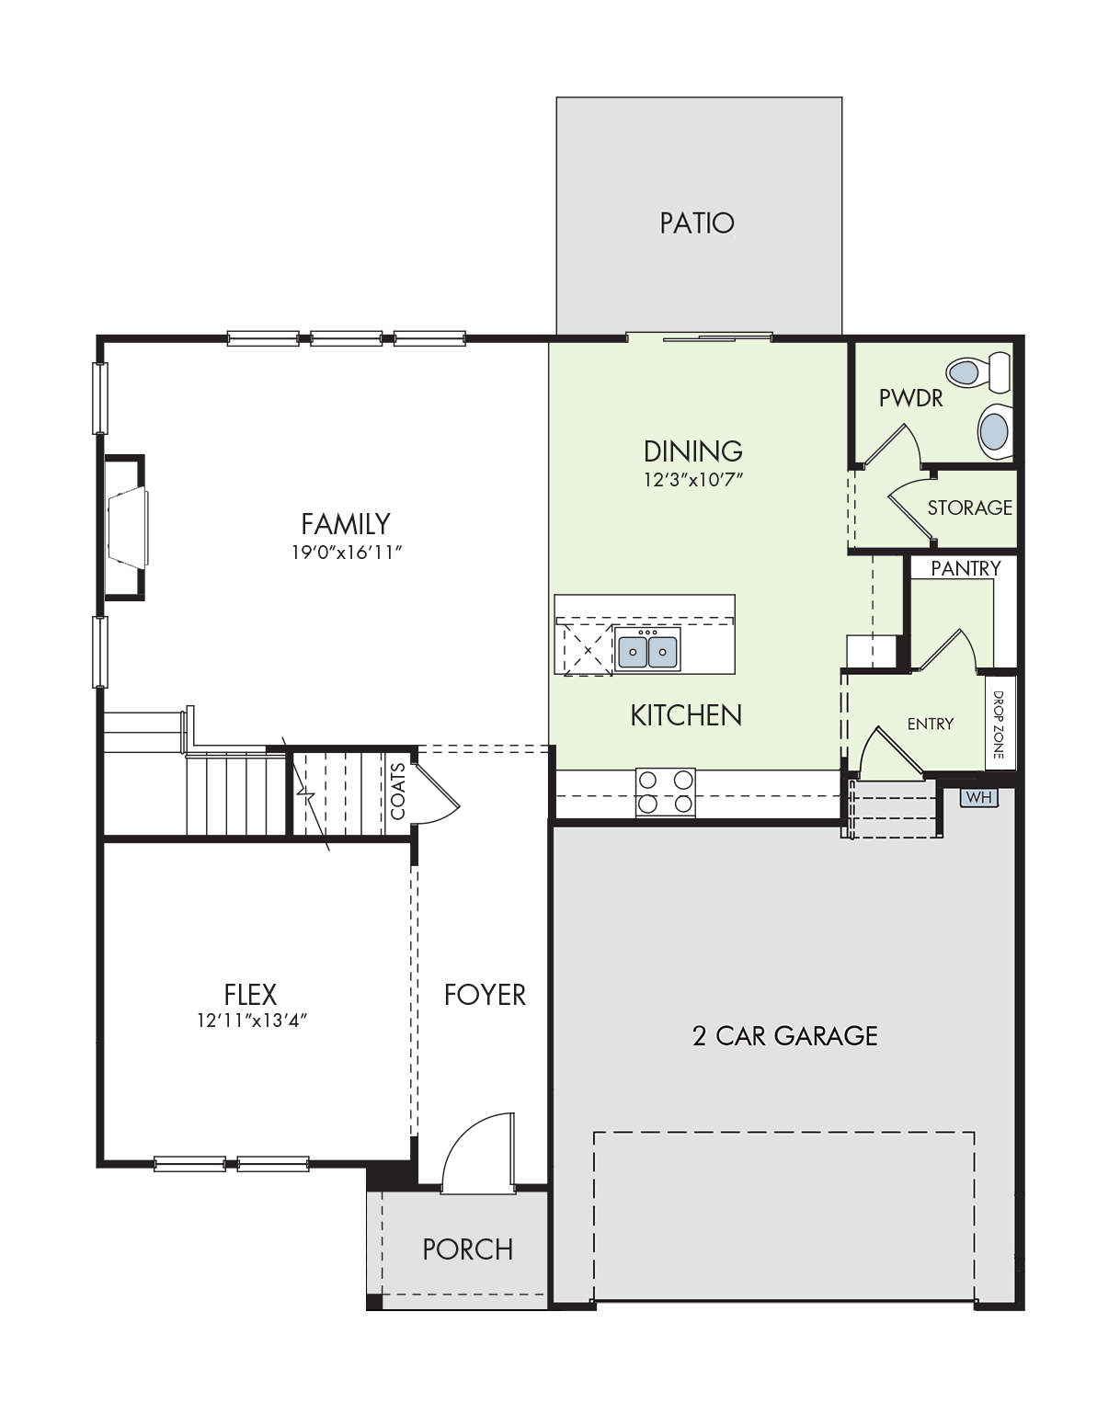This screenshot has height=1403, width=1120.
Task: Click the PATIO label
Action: coord(697,223)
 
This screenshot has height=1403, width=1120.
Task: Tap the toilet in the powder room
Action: coord(978,372)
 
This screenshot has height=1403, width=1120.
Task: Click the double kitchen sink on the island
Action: coord(647,649)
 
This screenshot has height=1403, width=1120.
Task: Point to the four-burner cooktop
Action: coord(666,793)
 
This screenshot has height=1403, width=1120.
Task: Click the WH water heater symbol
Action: coord(978,797)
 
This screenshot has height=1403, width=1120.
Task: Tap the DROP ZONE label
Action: coord(999,724)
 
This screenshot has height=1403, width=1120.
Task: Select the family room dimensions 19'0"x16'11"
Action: coord(347,553)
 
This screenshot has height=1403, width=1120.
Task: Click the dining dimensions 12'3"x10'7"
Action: coord(693,480)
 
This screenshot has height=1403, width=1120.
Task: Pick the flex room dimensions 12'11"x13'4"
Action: coord(252,1020)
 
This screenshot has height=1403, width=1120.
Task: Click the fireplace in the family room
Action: coord(126,528)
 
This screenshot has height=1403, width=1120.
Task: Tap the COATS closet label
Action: coord(398,791)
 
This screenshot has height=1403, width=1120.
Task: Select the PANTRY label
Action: coord(966,568)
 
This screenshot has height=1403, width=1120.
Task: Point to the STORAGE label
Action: coord(970,508)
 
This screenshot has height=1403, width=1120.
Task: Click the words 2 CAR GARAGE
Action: coord(784,1036)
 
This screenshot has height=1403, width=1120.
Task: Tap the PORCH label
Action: coord(468,1249)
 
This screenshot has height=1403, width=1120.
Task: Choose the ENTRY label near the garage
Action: coord(931,724)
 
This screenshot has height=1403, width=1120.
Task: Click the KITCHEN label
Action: coord(686,716)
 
